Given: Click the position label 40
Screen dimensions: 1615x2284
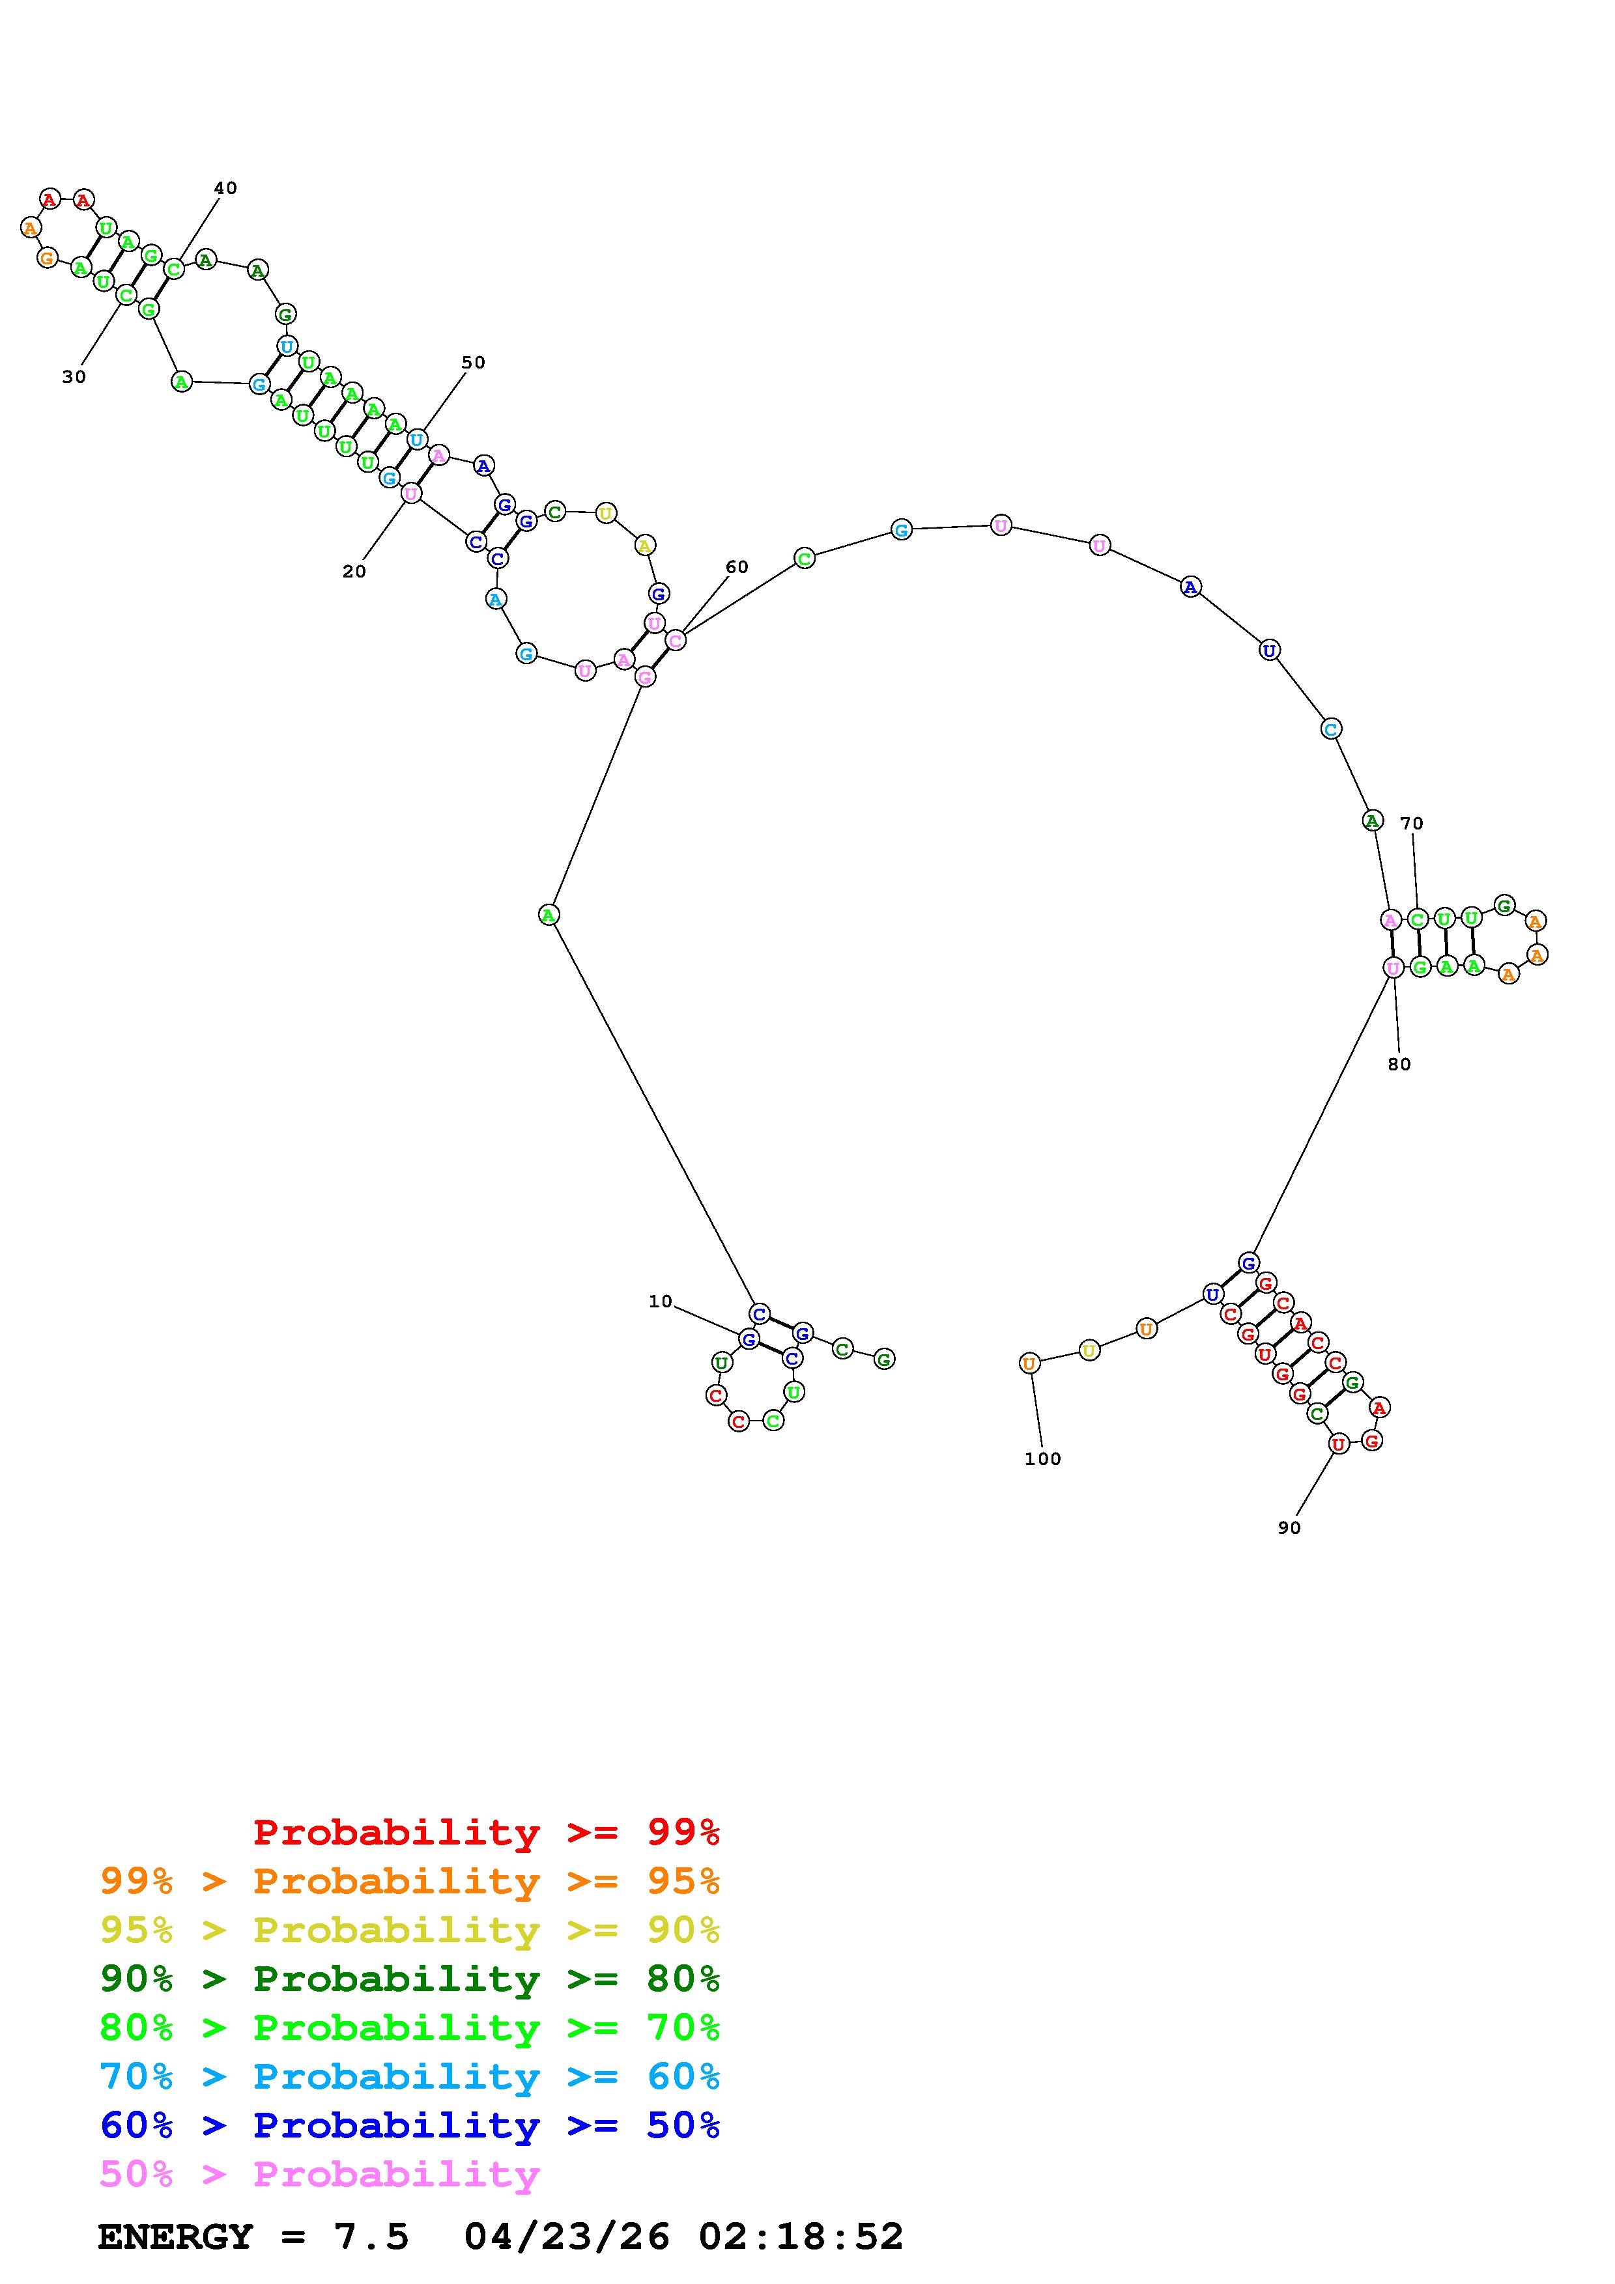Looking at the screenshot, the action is [x=226, y=188].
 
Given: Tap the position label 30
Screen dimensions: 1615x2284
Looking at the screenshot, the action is [x=74, y=377].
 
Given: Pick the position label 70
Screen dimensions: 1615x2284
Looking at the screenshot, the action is [x=1412, y=823].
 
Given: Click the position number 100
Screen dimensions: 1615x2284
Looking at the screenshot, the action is [x=1043, y=1458].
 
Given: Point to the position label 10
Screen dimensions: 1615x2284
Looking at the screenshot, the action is [x=661, y=1301].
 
